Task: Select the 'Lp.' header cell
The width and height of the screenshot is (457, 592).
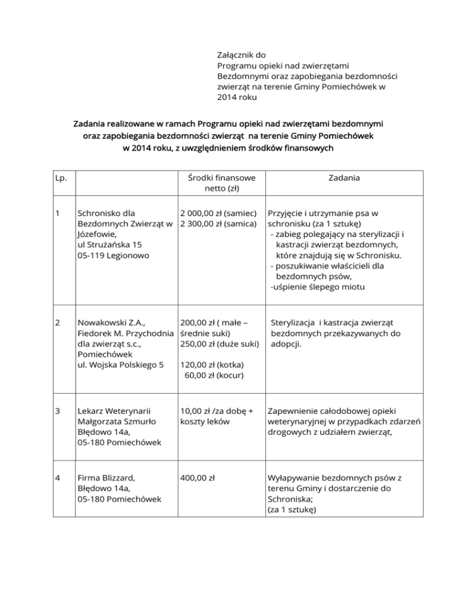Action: pyautogui.click(x=60, y=178)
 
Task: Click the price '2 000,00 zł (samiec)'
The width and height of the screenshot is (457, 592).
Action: pyautogui.click(x=218, y=212)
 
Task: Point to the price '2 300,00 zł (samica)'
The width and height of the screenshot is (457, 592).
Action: pyautogui.click(x=218, y=223)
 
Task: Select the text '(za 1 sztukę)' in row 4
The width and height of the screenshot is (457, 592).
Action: pyautogui.click(x=295, y=510)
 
